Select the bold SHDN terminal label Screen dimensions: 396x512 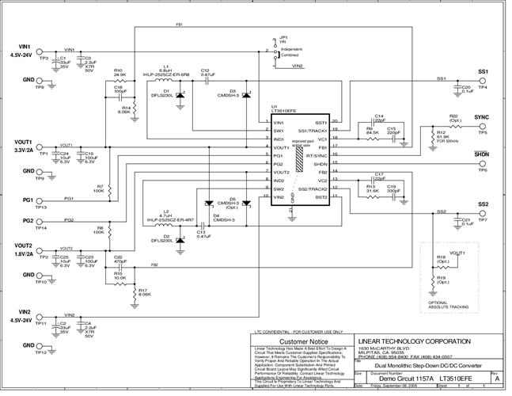coord(483,154)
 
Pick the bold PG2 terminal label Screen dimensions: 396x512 coord(28,220)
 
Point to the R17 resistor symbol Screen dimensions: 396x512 coord(132,291)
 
